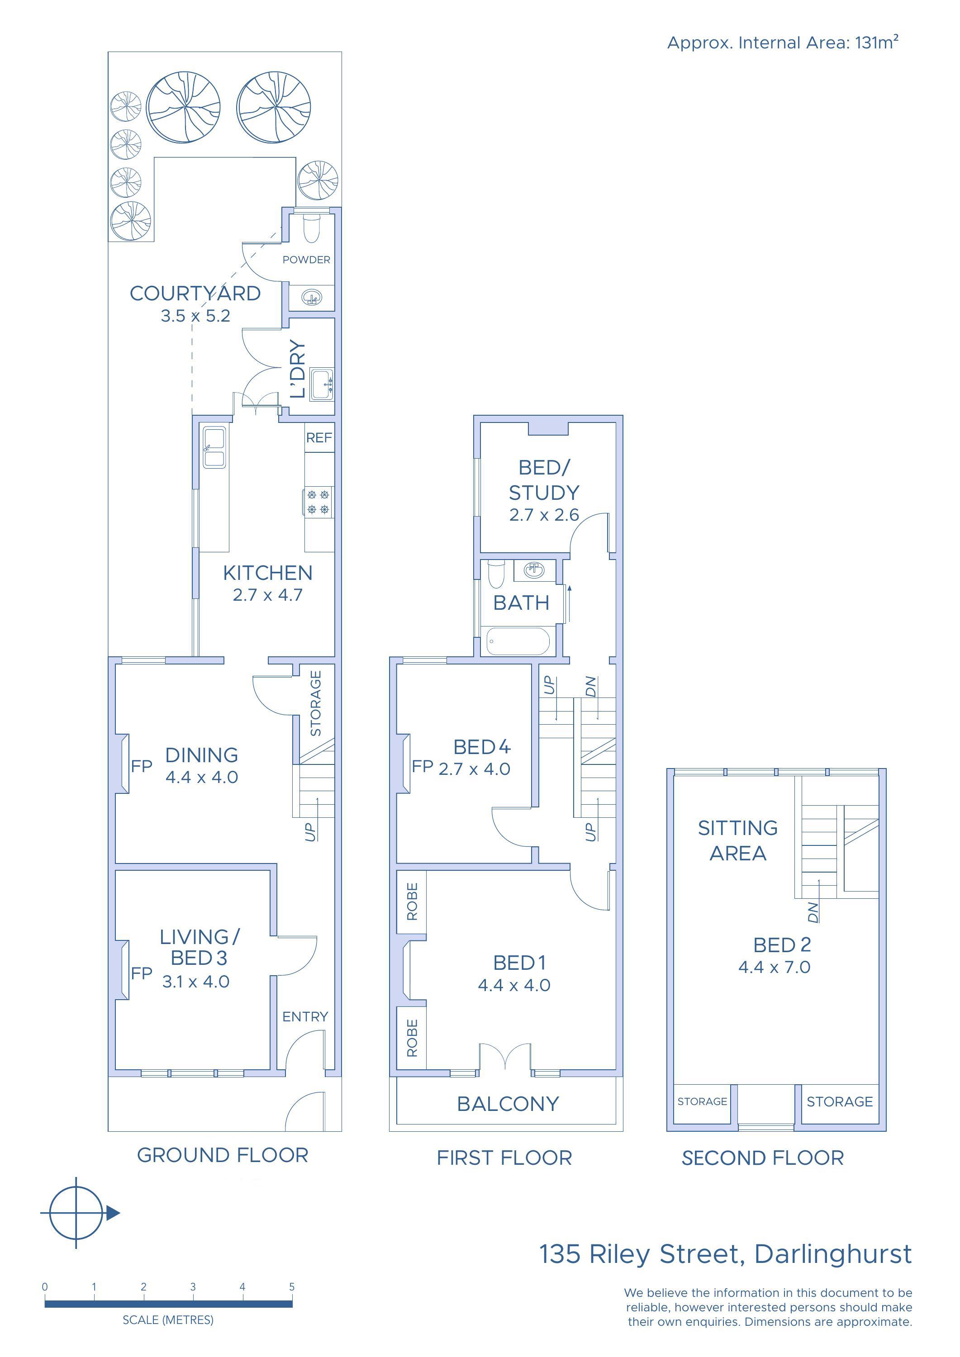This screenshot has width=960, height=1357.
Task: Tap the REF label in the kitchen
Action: tap(319, 438)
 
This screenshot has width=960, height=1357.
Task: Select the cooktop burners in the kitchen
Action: tap(318, 502)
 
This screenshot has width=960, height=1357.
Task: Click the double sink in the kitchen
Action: tap(214, 447)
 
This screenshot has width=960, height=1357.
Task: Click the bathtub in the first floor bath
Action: tap(518, 641)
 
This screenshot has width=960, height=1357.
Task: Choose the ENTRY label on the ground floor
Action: tap(305, 1016)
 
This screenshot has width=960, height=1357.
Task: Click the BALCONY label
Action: tap(508, 1103)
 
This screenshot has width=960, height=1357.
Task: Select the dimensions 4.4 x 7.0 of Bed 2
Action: tap(775, 967)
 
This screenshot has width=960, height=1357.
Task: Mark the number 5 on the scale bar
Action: tap(291, 1287)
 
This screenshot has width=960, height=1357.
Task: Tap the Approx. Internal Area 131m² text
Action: tap(783, 42)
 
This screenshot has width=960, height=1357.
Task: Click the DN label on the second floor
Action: tap(813, 912)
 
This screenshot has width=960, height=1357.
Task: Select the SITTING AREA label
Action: tap(738, 840)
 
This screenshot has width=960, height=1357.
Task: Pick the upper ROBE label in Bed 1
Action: tap(412, 902)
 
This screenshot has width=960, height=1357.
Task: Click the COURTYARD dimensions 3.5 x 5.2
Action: tap(196, 316)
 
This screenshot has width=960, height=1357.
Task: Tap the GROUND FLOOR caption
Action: tap(223, 1155)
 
